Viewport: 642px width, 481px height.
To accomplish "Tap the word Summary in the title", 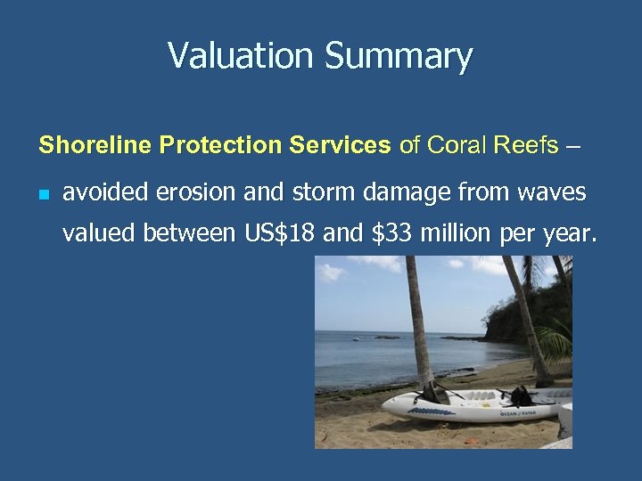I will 399,57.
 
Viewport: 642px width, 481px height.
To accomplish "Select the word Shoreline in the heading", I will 84,144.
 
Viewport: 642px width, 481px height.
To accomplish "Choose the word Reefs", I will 523,144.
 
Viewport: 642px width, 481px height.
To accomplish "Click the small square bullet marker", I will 45,193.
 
